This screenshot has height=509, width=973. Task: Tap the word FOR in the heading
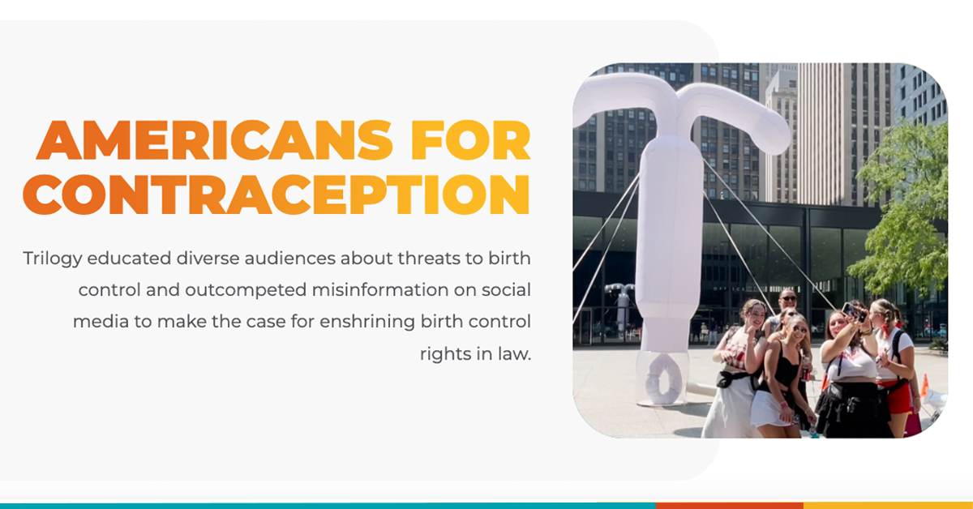pyautogui.click(x=470, y=140)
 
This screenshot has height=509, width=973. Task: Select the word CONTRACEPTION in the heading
pyautogui.click(x=276, y=195)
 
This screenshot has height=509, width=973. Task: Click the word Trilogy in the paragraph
pyautogui.click(x=53, y=259)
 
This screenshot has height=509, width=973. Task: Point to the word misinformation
pyautogui.click(x=380, y=289)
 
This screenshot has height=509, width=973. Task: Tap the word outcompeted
pyautogui.click(x=246, y=291)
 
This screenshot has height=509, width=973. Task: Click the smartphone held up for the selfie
pyautogui.click(x=852, y=311)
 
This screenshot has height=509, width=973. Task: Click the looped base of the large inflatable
pyautogui.click(x=662, y=379)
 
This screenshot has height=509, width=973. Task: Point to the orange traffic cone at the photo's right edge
pyautogui.click(x=924, y=385)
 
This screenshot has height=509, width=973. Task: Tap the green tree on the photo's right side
pyautogui.click(x=903, y=208)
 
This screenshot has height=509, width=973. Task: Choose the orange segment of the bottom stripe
pyautogui.click(x=729, y=506)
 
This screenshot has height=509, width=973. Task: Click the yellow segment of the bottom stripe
pyautogui.click(x=889, y=506)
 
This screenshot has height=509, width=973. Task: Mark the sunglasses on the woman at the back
pyautogui.click(x=788, y=299)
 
